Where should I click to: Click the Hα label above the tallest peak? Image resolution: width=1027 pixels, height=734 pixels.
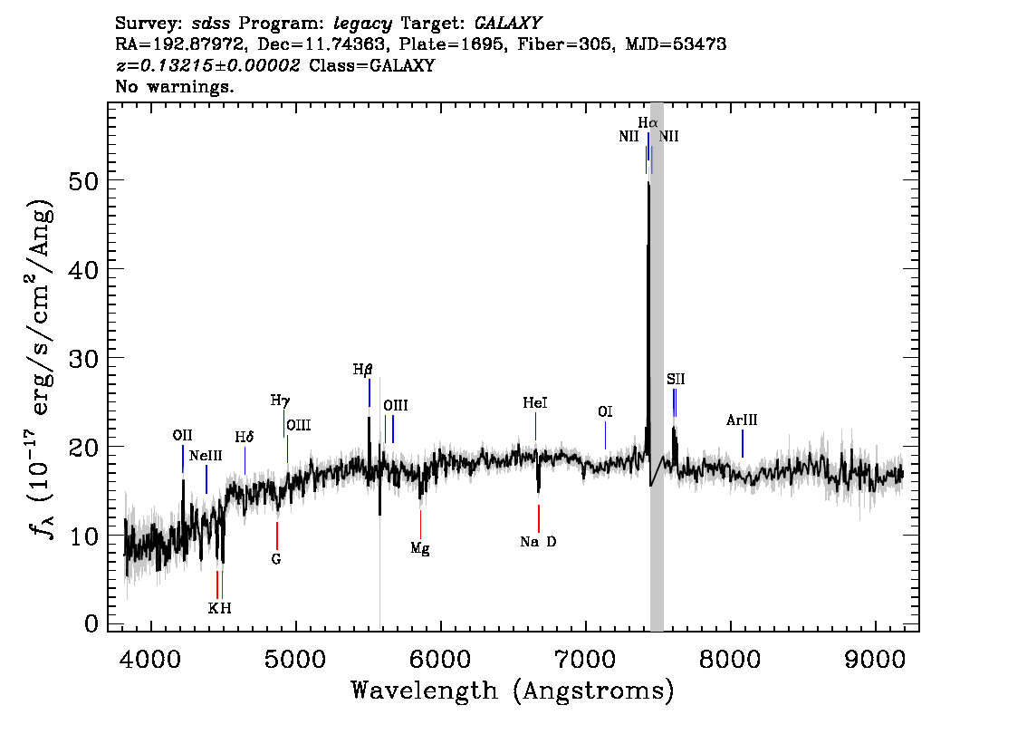pos(648,122)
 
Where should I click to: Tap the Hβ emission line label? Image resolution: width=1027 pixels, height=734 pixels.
pos(363,370)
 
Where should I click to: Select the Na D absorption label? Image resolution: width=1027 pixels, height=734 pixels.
pos(538,541)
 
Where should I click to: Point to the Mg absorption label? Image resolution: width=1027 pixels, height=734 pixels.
pos(420,548)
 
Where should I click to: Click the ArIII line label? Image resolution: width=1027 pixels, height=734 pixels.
pos(742,420)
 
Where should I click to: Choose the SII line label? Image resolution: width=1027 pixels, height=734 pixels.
pos(676,379)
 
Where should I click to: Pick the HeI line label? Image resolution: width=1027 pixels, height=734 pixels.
pos(535,403)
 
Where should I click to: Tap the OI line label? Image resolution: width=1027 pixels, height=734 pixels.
pos(605,411)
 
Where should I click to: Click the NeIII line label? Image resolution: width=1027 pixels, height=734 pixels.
pos(206,456)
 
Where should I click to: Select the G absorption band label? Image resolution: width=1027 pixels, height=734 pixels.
pos(276,559)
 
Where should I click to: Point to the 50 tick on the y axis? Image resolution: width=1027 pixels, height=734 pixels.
pos(83,180)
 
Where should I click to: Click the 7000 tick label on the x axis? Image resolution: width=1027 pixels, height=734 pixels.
pos(585,659)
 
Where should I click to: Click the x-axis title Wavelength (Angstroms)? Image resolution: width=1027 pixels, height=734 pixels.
pos(513,691)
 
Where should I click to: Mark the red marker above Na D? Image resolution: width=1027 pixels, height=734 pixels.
pos(538,518)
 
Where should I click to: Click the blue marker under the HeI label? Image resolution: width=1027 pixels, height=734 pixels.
pos(536,427)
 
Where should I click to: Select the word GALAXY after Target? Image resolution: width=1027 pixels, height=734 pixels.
pos(507,24)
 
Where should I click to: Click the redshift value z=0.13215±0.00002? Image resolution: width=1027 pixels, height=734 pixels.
pos(207,65)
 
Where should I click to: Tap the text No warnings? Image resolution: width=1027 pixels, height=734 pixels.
pos(174,86)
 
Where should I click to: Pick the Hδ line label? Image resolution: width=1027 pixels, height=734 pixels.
pos(245,437)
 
